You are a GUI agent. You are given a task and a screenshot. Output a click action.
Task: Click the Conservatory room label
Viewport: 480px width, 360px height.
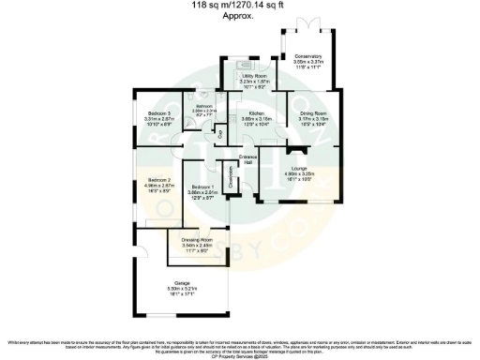pyautogui.click(x=307, y=55)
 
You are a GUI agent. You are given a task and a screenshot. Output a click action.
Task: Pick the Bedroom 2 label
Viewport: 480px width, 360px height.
pyautogui.click(x=157, y=180)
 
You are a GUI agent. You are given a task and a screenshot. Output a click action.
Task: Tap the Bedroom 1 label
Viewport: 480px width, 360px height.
pyautogui.click(x=203, y=187)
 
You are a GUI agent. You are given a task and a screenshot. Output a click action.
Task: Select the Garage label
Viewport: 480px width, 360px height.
pyautogui.click(x=183, y=282)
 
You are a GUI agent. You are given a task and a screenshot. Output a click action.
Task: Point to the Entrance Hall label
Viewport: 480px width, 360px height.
pyautogui.click(x=248, y=159)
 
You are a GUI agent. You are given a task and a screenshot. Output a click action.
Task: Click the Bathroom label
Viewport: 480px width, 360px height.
pyautogui.click(x=205, y=106)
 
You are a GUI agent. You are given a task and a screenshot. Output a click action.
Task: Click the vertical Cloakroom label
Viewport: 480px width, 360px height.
pyautogui.click(x=231, y=175)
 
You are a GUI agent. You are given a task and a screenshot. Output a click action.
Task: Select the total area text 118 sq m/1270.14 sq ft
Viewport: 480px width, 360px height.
pyautogui.click(x=239, y=6)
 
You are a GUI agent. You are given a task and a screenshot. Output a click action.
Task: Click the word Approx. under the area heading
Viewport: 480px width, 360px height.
pyautogui.click(x=239, y=16)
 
